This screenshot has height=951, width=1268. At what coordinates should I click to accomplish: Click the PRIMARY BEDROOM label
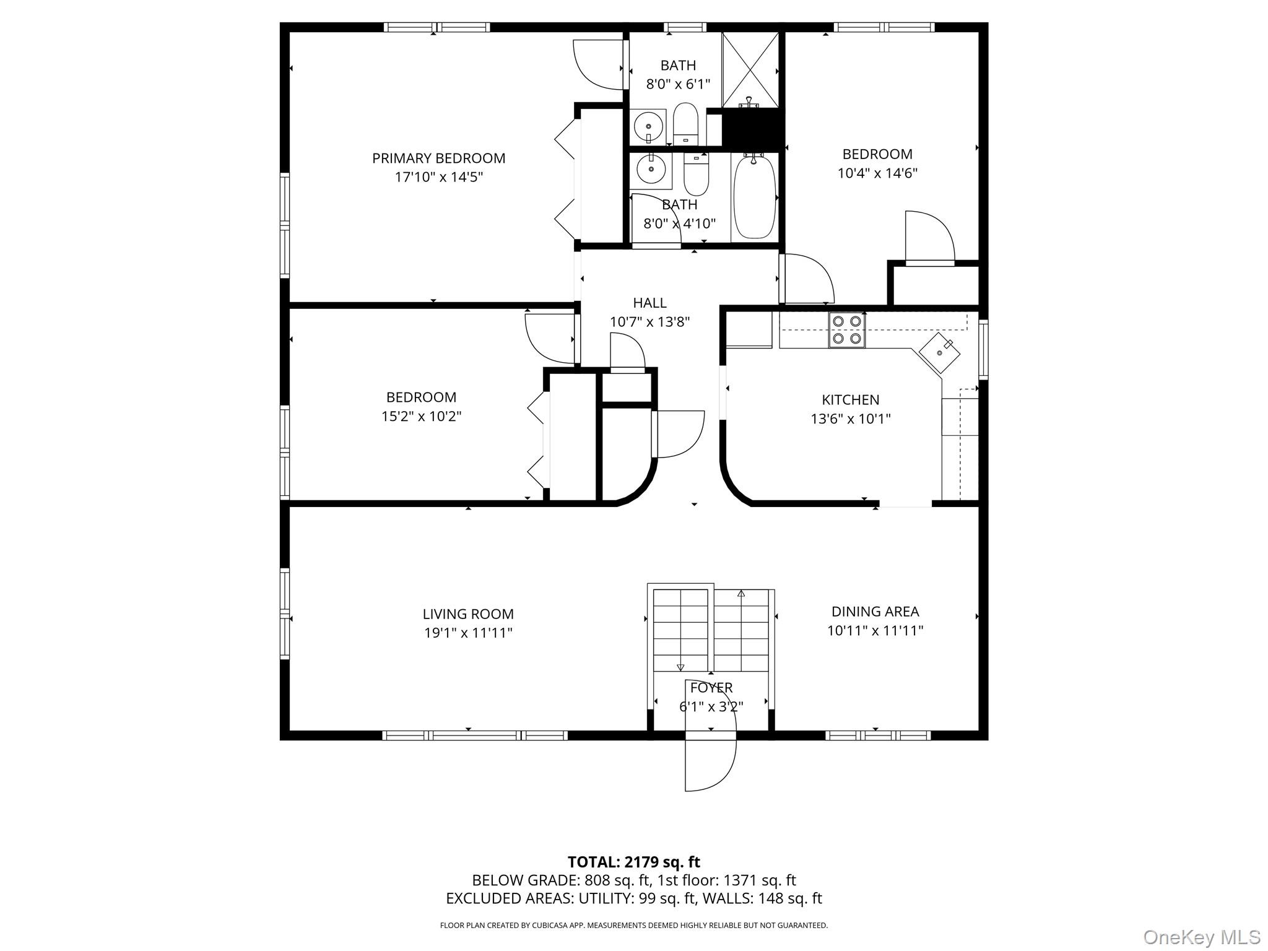tap(438, 158)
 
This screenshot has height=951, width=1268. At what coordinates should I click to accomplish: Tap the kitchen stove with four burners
tap(847, 330)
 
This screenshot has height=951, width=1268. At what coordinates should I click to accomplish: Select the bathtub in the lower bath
tap(755, 197)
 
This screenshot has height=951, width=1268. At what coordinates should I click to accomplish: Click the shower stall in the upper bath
tap(750, 69)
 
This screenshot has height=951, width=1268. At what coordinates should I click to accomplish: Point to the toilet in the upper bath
tap(685, 123)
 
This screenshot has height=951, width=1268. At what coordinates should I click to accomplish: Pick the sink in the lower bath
tap(650, 168)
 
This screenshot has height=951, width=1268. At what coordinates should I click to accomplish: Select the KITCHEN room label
tap(850, 400)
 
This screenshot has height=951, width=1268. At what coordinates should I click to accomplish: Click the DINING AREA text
tap(875, 612)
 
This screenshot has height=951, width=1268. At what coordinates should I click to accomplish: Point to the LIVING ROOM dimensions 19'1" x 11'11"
tap(467, 633)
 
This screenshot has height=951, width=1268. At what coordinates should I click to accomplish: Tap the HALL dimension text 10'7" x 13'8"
tap(649, 322)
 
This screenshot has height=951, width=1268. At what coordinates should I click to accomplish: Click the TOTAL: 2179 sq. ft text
tap(634, 862)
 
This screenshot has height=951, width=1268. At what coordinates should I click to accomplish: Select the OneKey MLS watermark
tap(1202, 937)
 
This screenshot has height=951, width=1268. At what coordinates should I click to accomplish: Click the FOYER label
tap(711, 688)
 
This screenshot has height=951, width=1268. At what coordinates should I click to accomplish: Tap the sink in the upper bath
tap(648, 127)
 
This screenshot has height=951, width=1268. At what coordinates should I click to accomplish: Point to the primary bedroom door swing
tap(598, 64)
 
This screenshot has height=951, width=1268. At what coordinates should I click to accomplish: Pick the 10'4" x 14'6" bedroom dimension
tap(877, 173)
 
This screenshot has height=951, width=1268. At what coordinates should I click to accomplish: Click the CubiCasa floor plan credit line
tap(633, 926)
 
